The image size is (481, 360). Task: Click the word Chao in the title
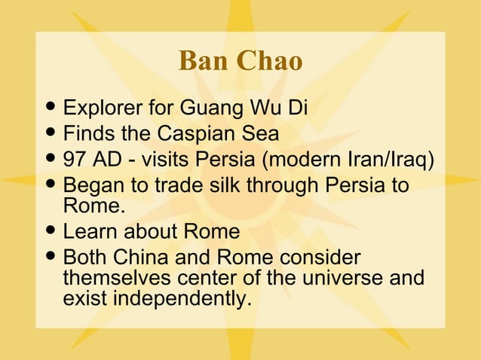click(x=271, y=63)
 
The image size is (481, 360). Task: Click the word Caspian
click(x=195, y=134)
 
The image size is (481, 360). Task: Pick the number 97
click(x=75, y=160)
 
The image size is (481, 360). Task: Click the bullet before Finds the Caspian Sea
click(x=51, y=135)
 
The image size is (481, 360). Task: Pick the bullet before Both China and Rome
click(x=51, y=258)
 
